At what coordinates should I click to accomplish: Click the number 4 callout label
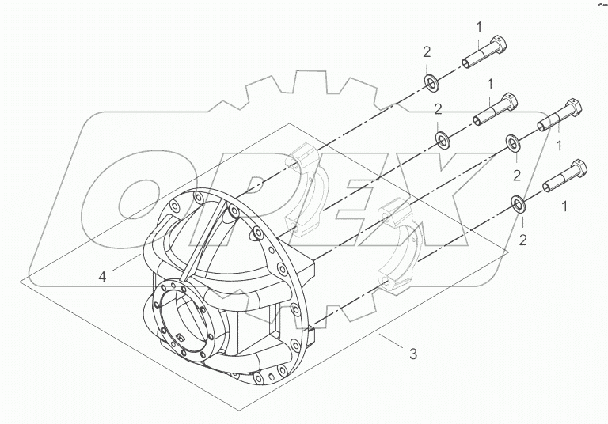point(103,276)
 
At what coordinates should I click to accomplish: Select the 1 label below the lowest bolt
point(564,206)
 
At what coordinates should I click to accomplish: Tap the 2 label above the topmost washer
point(427,52)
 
